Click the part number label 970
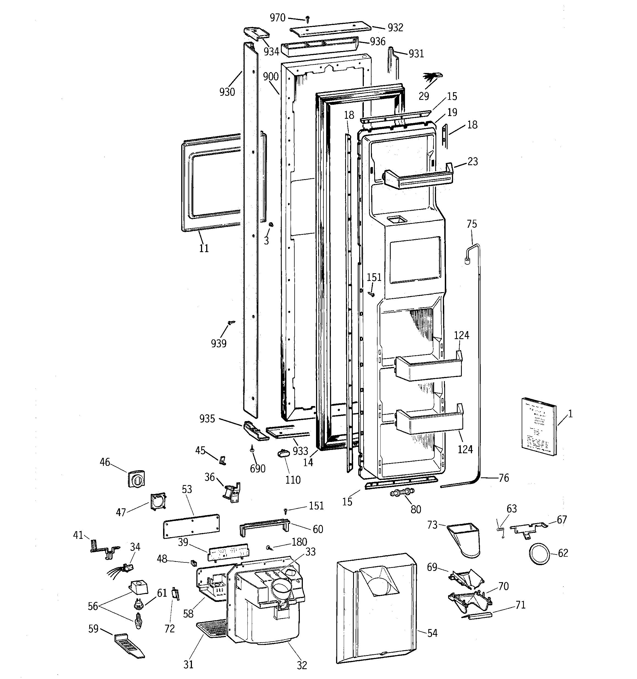pos(278,18)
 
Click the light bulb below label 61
pos(138,625)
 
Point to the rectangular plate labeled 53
pos(191,526)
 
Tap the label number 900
pos(271,77)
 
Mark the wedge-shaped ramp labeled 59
pos(129,646)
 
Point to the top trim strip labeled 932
pos(331,29)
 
